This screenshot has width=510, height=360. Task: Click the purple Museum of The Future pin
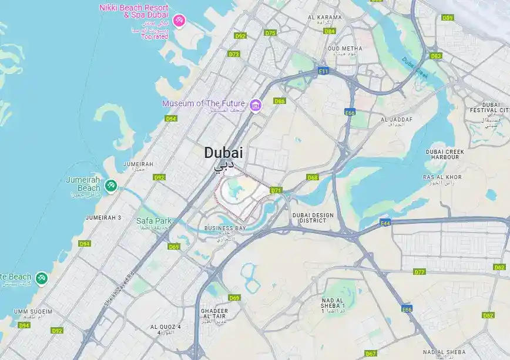[x=255, y=105]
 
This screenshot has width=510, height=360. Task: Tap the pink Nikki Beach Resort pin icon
[x=180, y=21]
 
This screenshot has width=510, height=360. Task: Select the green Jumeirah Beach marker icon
[x=109, y=186]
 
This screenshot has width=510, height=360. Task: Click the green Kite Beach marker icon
[x=41, y=278]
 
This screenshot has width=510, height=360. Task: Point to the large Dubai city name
[x=223, y=153]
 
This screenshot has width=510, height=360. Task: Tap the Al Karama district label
[x=324, y=18]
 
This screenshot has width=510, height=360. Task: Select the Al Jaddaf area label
[x=397, y=120]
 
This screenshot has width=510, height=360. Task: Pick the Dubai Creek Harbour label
[x=445, y=154]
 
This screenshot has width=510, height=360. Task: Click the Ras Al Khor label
[x=442, y=177]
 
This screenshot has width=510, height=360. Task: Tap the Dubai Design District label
[x=313, y=218]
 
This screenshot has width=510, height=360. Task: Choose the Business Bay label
[x=225, y=228]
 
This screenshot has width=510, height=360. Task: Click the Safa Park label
[x=153, y=221]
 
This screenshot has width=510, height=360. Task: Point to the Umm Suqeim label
[x=33, y=311]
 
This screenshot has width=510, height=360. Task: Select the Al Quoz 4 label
[x=165, y=327]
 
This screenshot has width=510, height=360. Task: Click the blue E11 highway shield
[x=323, y=70]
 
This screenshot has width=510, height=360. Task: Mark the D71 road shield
[x=276, y=190]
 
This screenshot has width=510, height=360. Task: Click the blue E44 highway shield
[x=385, y=223]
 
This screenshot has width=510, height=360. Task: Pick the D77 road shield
[x=419, y=272]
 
